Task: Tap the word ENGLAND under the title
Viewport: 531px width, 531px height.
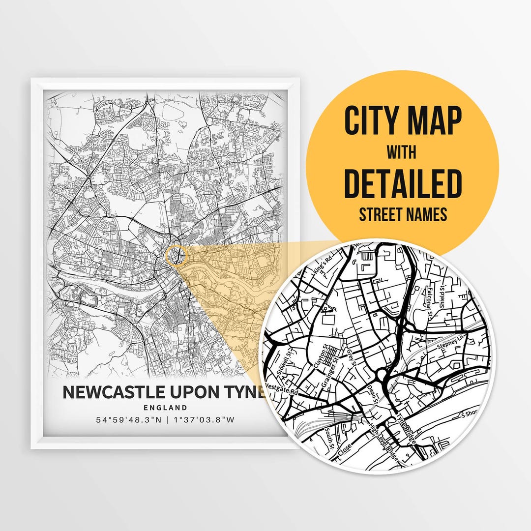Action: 165,407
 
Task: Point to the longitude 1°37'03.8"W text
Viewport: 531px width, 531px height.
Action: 203,420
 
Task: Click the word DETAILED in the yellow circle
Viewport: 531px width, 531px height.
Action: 403,183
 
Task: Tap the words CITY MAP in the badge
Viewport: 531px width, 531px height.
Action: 403,120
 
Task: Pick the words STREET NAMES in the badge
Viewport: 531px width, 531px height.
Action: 403,215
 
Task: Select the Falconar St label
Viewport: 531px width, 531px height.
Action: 430,300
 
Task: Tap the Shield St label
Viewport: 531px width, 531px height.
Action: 444,298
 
